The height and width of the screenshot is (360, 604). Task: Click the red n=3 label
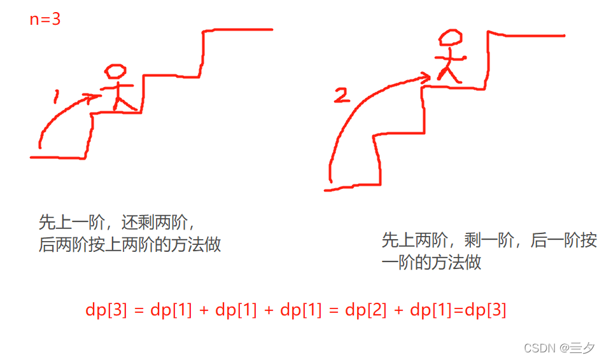click(x=45, y=19)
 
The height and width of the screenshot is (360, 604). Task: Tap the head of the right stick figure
click(x=450, y=38)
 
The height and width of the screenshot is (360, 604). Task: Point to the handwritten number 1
click(x=57, y=96)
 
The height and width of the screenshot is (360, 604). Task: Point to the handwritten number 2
click(x=342, y=95)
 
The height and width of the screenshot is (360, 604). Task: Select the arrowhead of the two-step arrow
click(x=425, y=78)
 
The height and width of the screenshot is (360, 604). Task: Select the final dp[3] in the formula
click(x=486, y=310)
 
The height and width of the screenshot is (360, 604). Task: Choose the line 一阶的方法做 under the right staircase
click(x=431, y=261)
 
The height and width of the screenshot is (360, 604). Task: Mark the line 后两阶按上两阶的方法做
click(x=130, y=245)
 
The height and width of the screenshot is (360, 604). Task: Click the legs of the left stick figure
click(x=120, y=101)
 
